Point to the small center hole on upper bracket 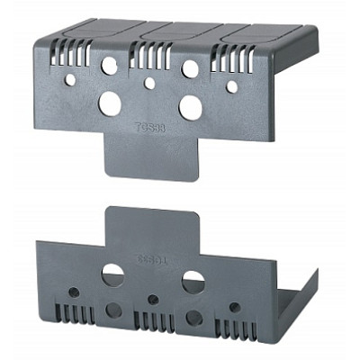[x=149, y=84]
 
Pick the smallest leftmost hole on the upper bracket [x=70, y=79]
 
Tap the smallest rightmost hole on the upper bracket [x=231, y=87]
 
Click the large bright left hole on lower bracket [x=112, y=274]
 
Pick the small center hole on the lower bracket [x=153, y=299]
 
